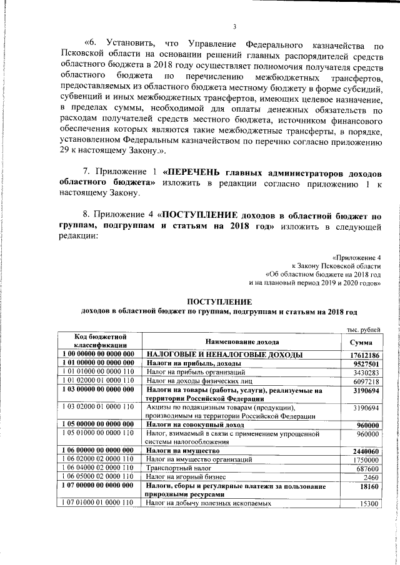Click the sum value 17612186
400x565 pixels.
coord(365,355)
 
